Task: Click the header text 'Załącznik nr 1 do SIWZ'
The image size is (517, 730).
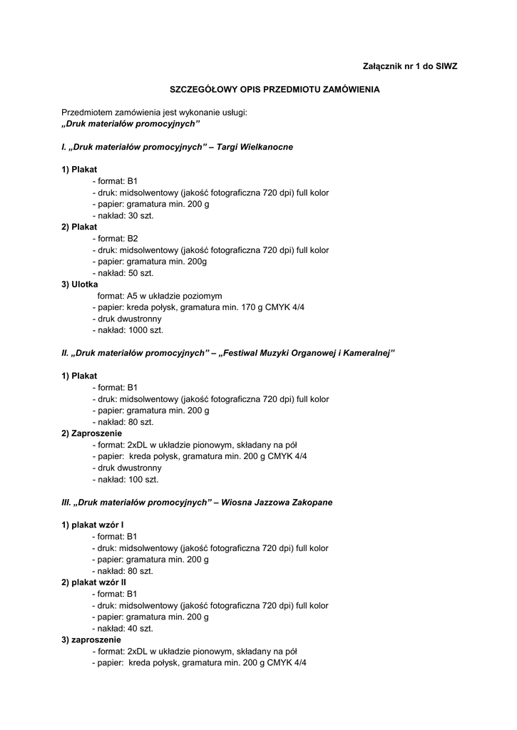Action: pos(410,66)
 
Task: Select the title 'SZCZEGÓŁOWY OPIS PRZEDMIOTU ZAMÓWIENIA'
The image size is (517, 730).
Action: pos(274,90)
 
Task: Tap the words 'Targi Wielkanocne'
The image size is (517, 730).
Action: pos(255,147)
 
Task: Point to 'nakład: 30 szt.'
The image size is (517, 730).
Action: pos(126,215)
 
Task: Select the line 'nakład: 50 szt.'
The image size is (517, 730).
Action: pos(126,272)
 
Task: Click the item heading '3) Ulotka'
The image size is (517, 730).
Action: pos(80,284)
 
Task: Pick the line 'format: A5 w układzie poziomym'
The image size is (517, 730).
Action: pos(160,295)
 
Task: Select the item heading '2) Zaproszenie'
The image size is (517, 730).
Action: pos(92,433)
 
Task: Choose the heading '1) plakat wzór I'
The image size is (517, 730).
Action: pos(93,525)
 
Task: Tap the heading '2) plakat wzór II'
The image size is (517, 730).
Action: pos(94,582)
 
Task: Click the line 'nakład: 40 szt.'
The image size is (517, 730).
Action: pos(126,629)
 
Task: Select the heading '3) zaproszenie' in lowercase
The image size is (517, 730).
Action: pos(91,640)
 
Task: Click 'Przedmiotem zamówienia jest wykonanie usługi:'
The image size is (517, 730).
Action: pos(154,113)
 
